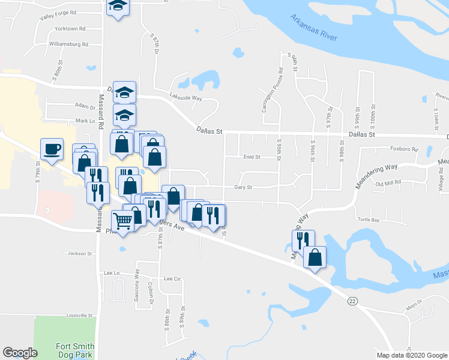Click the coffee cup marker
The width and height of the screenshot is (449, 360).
(52, 149)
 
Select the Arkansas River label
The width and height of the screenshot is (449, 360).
(313, 28)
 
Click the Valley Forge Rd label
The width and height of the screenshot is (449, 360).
(58, 12)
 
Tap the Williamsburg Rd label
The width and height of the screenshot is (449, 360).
(68, 44)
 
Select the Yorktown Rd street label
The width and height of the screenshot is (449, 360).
(70, 28)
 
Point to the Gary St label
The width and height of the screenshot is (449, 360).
(243, 187)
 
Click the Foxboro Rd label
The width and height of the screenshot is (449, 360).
(405, 149)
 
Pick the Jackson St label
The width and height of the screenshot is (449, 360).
(81, 253)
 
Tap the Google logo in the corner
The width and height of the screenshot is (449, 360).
(20, 353)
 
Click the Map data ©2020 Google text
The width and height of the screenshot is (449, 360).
(412, 355)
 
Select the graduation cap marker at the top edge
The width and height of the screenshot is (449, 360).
(118, 7)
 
